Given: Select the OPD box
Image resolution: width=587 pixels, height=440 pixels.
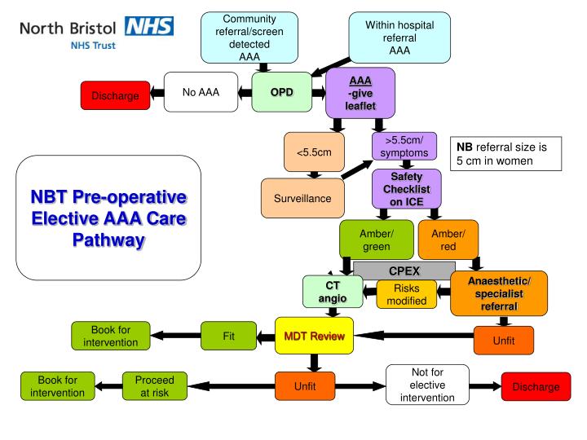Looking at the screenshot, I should [x=281, y=91].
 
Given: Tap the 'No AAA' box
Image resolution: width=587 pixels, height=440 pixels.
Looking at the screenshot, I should [x=201, y=91].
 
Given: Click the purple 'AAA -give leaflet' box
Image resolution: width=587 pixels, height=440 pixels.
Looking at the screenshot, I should [x=360, y=93].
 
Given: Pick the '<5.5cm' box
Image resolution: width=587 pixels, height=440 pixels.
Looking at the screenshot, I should [x=314, y=152].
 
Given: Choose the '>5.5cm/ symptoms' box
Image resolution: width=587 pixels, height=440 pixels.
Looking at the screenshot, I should [x=405, y=147].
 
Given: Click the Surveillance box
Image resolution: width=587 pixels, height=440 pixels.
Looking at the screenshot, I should [x=302, y=197].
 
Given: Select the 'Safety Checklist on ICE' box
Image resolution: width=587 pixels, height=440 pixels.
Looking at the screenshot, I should [x=405, y=189].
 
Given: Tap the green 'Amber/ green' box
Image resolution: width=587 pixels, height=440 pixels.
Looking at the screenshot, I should [x=376, y=240].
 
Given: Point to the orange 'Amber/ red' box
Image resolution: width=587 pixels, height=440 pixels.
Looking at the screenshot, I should [x=448, y=240].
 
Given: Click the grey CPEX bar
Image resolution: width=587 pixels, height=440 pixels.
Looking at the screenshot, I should [x=404, y=270].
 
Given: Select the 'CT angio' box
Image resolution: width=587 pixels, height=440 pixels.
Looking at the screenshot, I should [x=333, y=293].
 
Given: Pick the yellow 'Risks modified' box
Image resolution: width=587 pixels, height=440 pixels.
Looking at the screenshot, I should [x=405, y=294].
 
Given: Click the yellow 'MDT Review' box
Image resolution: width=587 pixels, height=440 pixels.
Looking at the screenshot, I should [x=314, y=337].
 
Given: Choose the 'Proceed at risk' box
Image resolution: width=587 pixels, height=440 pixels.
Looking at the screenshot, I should [x=155, y=386].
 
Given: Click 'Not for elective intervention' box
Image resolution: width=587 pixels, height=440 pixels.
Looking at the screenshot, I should [x=427, y=385].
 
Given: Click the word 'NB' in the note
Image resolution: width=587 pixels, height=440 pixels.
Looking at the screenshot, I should [x=464, y=147].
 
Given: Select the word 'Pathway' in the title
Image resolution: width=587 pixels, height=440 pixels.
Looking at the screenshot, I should [x=108, y=240].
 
